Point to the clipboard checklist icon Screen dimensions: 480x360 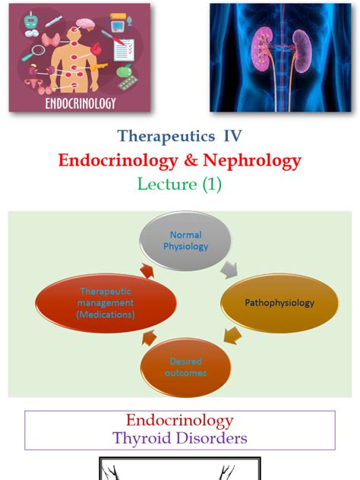tap(124, 48)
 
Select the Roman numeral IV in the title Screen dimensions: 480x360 tap(232, 137)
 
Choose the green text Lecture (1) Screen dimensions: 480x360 tap(179, 185)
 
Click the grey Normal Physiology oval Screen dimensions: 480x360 tap(185, 241)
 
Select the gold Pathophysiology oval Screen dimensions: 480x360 tap(279, 303)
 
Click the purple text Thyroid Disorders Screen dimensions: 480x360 tap(179, 437)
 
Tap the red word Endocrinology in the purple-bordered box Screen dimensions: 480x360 tap(179, 421)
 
